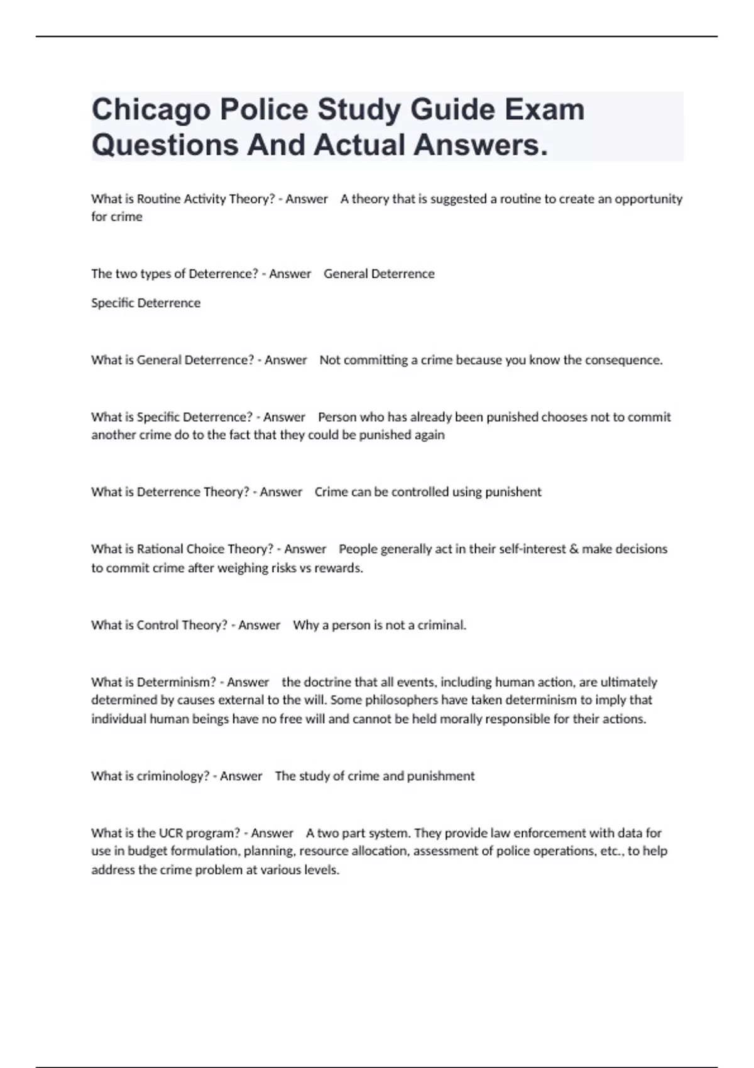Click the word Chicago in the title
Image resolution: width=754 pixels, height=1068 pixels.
151,111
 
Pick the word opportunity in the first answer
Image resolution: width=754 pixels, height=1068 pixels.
648,199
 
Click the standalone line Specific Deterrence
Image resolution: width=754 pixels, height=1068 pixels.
146,303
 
